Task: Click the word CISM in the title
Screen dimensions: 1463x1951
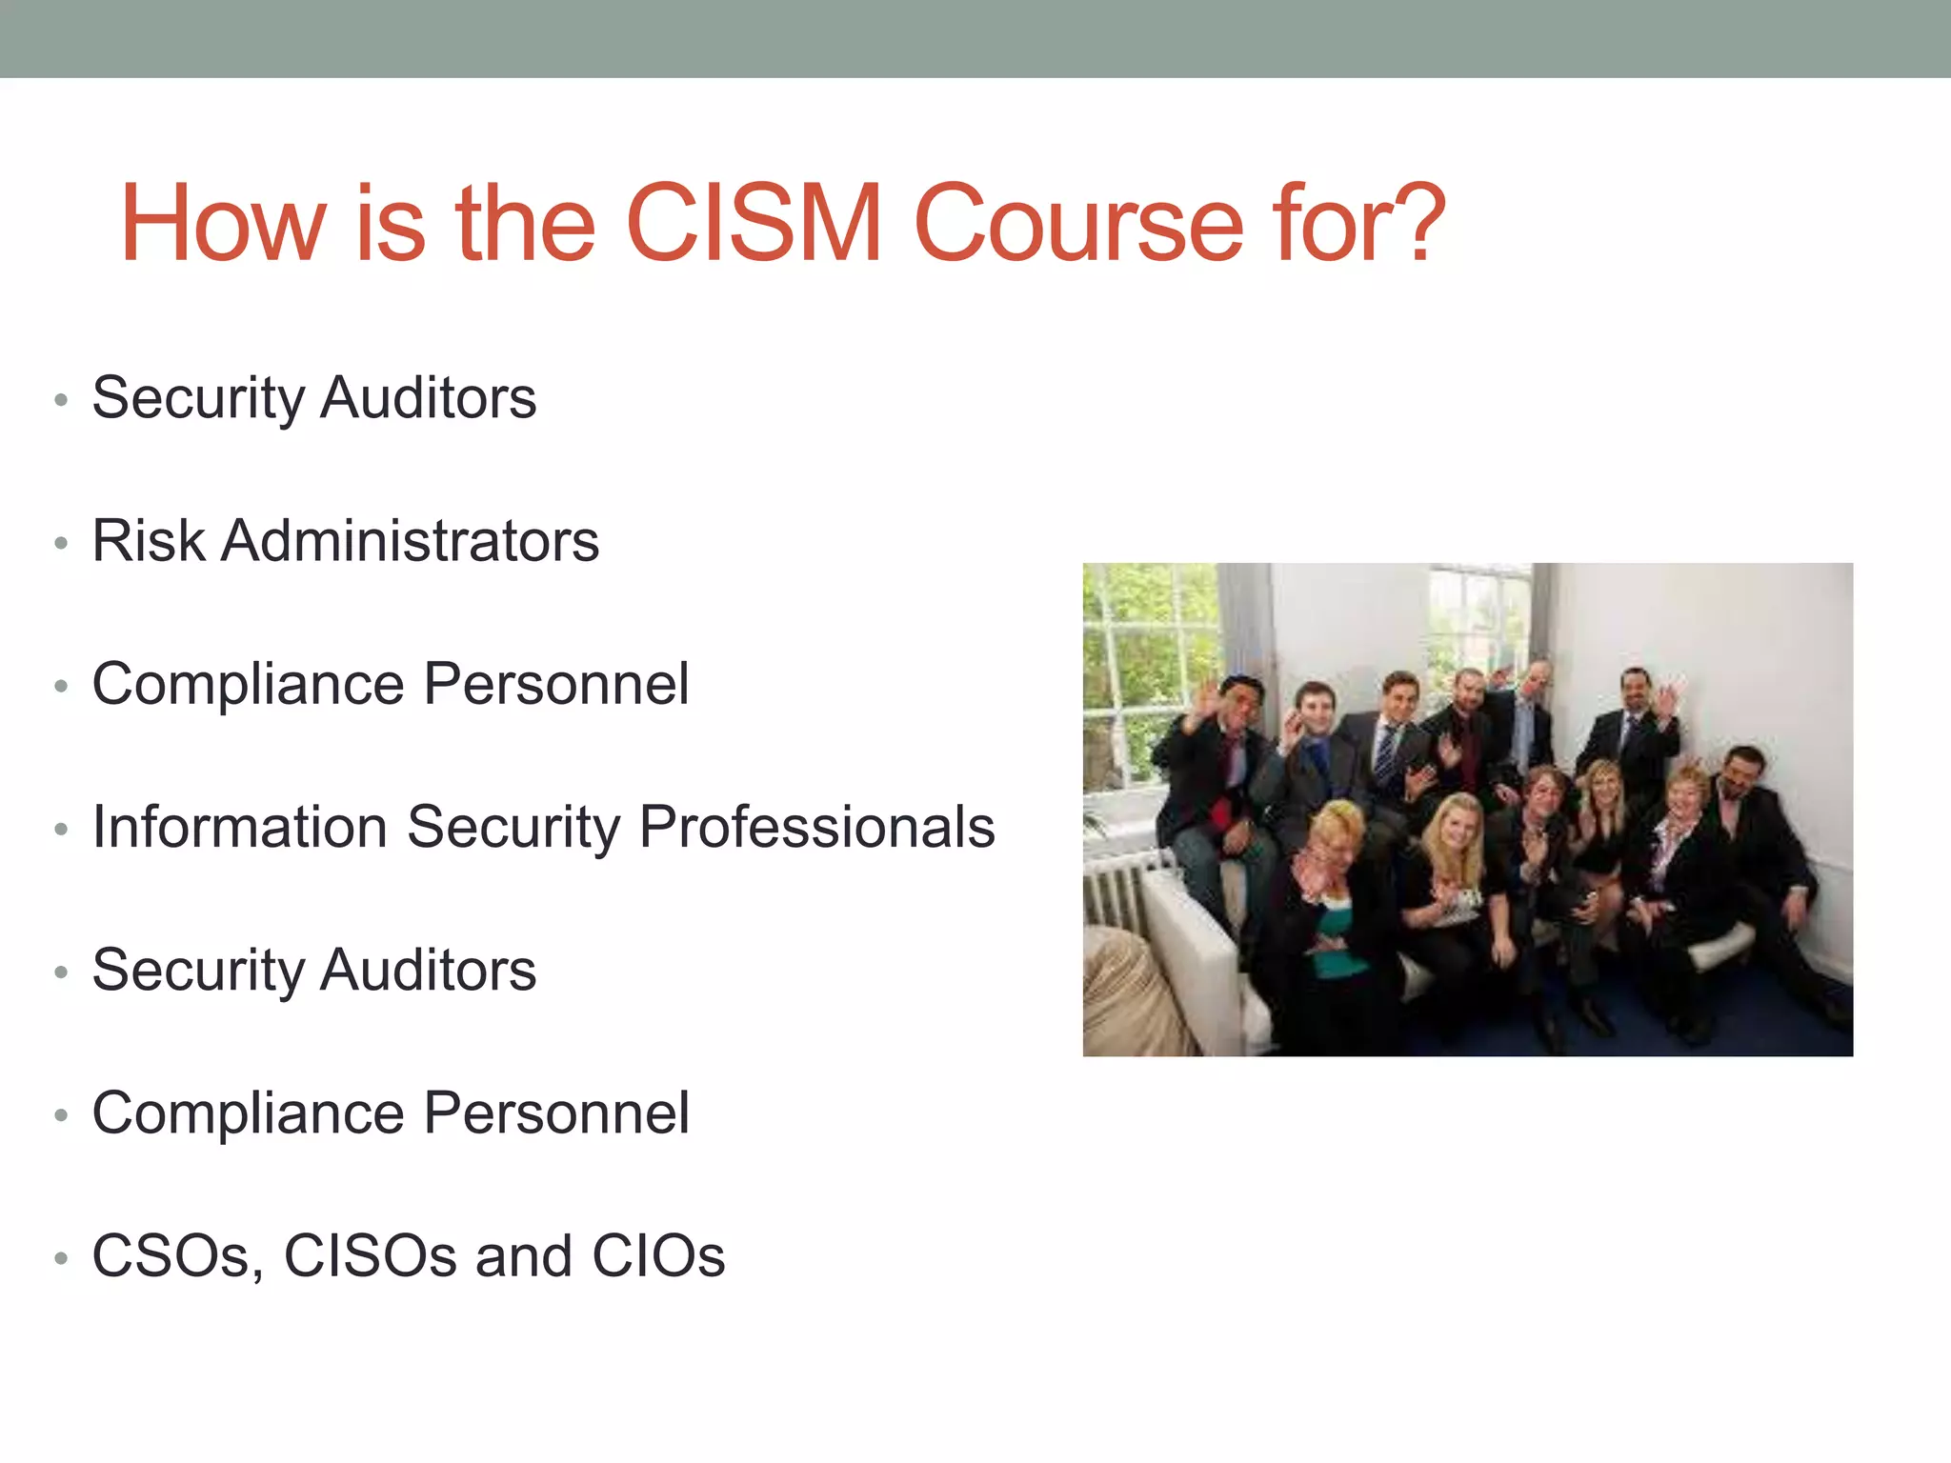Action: pos(754,225)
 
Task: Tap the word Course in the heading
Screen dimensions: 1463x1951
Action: pos(1078,225)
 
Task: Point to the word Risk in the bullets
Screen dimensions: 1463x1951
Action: pos(148,541)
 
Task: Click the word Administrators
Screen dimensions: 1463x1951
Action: pos(411,541)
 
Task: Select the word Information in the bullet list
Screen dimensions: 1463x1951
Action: pos(239,827)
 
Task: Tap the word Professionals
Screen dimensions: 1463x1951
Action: pos(816,827)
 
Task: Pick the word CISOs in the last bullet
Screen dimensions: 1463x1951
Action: pos(371,1256)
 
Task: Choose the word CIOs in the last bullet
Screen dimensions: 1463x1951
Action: pos(658,1256)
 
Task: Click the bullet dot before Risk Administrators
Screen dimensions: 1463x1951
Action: pos(62,544)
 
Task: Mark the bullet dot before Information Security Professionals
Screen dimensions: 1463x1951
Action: pos(62,830)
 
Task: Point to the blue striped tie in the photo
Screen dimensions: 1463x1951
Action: pos(1384,752)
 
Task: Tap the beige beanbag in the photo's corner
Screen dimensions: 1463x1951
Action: pos(1129,1000)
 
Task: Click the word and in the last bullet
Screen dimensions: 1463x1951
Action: pos(522,1256)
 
